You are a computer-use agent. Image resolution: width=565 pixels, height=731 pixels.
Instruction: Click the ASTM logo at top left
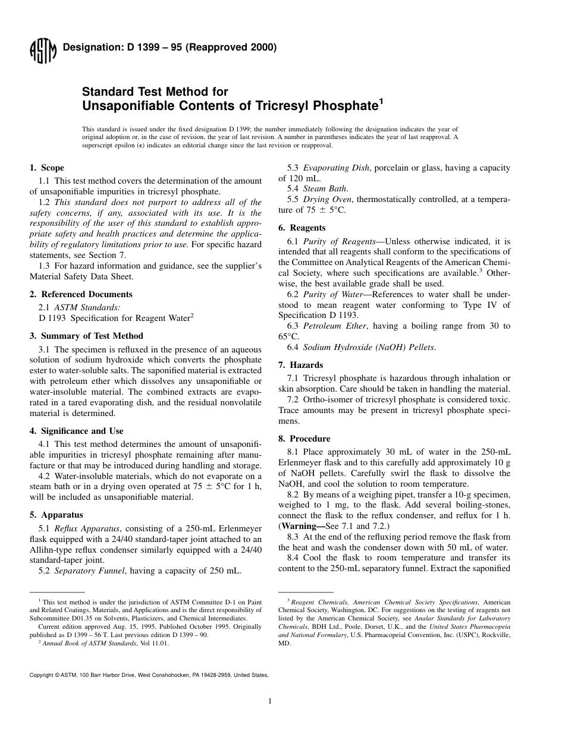pos(42,52)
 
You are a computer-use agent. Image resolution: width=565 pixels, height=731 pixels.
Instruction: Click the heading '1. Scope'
pos(47,168)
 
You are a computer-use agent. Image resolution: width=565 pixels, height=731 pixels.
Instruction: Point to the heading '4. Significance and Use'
pos(77,431)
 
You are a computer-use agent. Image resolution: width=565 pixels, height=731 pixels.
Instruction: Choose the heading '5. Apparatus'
pos(56,515)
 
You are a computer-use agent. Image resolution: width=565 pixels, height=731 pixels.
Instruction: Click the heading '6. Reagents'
pos(302,228)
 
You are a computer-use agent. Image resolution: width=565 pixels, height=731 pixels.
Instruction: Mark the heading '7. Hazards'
pos(300,365)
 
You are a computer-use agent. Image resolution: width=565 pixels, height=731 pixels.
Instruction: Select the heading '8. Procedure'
pos(304,439)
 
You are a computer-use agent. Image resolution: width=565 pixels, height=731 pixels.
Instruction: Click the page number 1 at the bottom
pos(269,701)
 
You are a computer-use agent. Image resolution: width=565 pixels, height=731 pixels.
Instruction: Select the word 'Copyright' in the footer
pos(41,675)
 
